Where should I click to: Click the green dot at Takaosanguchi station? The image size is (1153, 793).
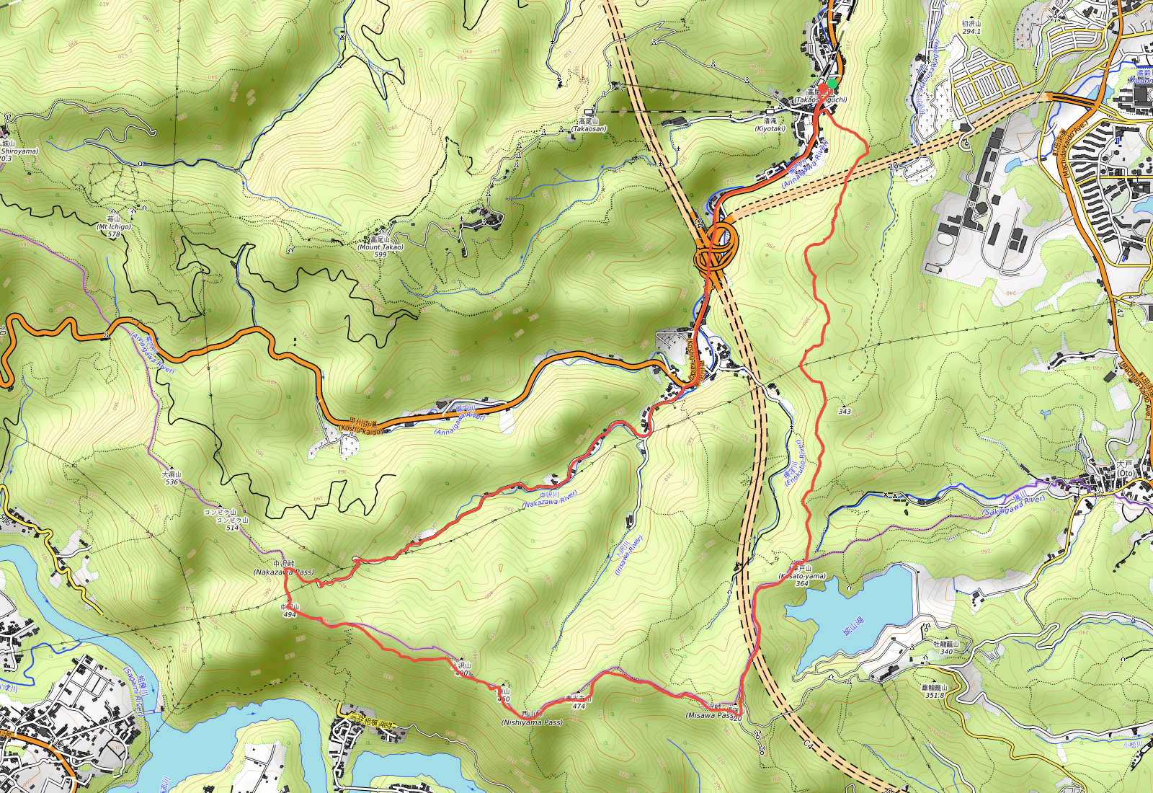point(832,84)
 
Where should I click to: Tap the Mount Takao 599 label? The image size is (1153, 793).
point(380,247)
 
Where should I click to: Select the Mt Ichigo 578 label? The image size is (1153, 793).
point(114,226)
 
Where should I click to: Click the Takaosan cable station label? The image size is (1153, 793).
point(589,128)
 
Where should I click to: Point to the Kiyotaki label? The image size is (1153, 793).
point(770,128)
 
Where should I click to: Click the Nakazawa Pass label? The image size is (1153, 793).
point(284,572)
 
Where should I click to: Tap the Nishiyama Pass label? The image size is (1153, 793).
point(532,722)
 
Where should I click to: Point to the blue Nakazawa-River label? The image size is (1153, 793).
point(550,499)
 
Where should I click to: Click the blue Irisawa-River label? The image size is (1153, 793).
point(628,555)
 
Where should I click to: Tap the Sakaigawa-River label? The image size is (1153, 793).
point(1013,505)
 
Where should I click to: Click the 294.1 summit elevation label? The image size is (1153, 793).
point(971,31)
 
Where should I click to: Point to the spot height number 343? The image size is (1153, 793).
point(845,412)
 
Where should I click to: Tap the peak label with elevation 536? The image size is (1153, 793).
point(172,482)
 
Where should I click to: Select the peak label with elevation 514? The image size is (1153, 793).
point(232,527)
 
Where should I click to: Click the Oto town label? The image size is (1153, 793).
point(1125,473)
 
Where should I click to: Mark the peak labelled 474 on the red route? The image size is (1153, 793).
point(579,706)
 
